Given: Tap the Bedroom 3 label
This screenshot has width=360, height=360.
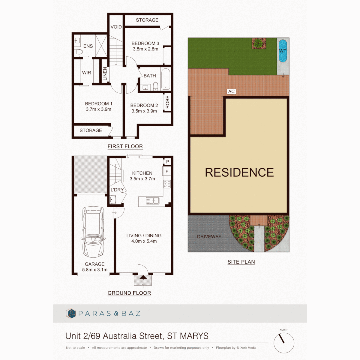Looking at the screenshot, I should pos(145,43).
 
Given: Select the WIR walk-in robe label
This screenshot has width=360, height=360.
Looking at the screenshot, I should pos(86,73).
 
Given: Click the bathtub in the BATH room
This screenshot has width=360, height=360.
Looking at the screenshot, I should pos(165,79).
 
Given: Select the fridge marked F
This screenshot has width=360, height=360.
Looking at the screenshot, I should pos(167,172).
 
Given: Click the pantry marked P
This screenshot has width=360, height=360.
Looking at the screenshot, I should pos(167,161).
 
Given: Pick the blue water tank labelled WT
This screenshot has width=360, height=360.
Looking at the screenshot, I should pos(283,51).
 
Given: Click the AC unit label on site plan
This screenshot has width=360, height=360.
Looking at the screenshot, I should pos(231,91).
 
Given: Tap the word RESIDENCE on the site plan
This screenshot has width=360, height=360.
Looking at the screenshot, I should pos(239,172).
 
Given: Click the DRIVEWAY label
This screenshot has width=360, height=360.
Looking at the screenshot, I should pos(209,236).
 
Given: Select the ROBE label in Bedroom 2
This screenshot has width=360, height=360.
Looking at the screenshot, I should pos(167,103).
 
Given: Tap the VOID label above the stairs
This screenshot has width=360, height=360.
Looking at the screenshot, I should pos(116,27).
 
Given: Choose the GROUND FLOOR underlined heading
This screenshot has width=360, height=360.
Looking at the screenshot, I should pos(129,293).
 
